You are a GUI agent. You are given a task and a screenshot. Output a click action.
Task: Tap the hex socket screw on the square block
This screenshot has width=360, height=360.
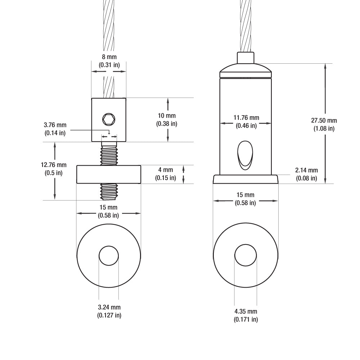(x=108, y=118)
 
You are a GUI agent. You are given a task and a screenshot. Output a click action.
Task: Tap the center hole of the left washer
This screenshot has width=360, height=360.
(x=109, y=256)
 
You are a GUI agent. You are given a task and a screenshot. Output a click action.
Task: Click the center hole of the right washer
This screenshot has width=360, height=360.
(x=246, y=255)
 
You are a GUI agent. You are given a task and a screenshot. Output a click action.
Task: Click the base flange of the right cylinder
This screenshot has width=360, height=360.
(x=245, y=179)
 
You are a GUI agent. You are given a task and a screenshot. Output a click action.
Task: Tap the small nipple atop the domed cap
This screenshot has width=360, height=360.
(x=245, y=57)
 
